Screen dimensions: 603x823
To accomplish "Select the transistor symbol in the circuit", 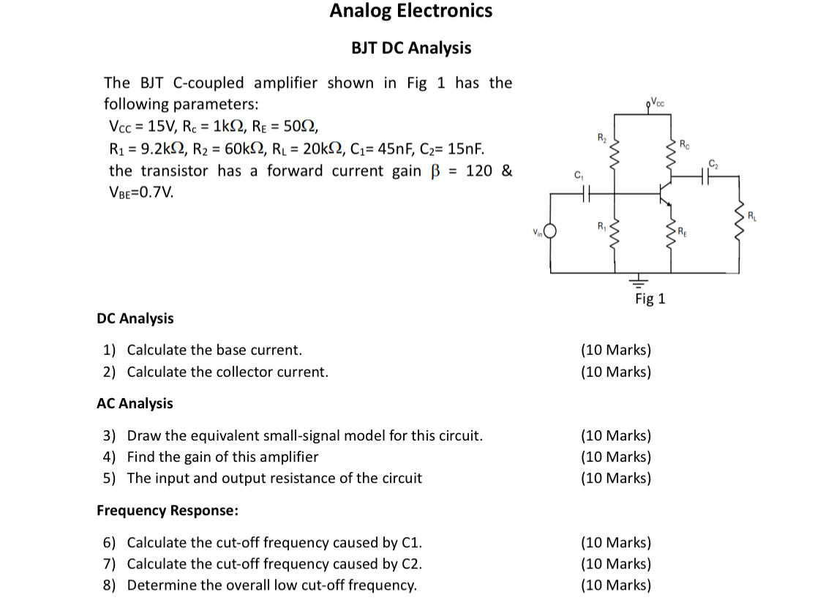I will pos(663,192).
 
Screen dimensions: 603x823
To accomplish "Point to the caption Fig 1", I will pos(650,299).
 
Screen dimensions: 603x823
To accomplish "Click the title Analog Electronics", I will pos(411,11).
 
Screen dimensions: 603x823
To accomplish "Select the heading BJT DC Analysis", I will pos(411,48).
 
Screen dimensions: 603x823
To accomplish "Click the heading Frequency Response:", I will pos(168,510).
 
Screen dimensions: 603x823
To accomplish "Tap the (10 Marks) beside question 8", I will pos(615,585).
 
